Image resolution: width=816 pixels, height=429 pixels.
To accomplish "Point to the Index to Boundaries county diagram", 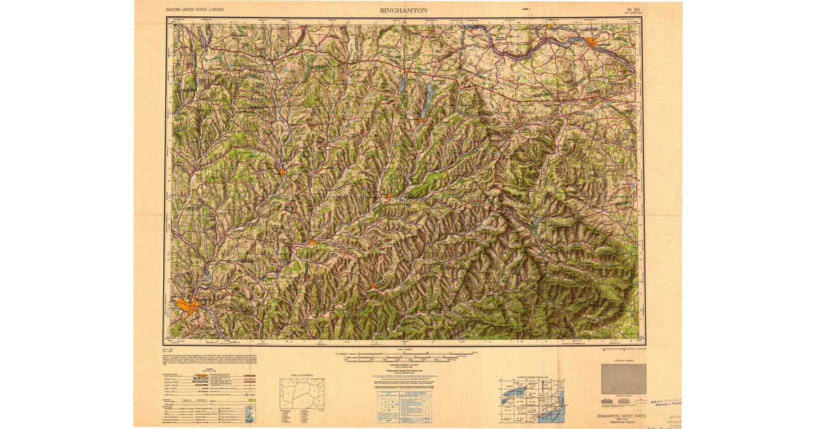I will (x=302, y=393).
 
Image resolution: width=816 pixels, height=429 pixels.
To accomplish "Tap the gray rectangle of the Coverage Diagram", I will (x=624, y=379).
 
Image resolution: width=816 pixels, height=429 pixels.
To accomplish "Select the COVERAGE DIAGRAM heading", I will (x=624, y=360).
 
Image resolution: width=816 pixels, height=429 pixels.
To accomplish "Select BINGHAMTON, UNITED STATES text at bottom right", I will (x=623, y=415).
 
